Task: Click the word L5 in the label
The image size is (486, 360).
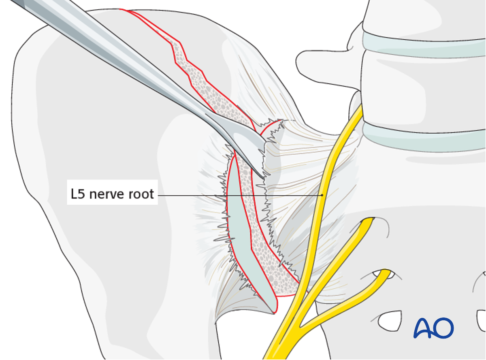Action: (78, 194)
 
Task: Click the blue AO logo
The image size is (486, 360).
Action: (433, 328)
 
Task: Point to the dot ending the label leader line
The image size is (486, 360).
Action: (322, 195)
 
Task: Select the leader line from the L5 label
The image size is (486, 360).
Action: (239, 195)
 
